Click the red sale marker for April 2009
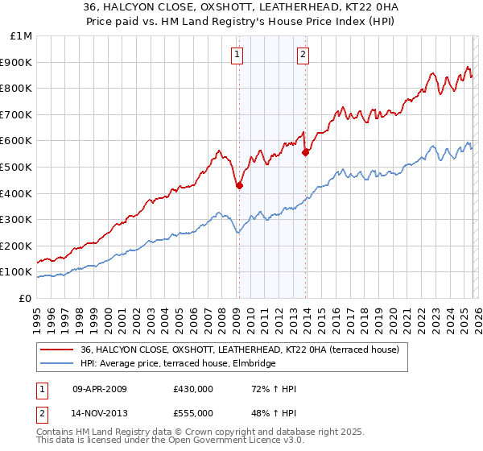(x=239, y=185)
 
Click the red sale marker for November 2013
(x=305, y=152)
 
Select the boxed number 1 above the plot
(x=238, y=55)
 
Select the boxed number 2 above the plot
(x=303, y=55)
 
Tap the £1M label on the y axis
(x=22, y=35)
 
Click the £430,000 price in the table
(x=192, y=389)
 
